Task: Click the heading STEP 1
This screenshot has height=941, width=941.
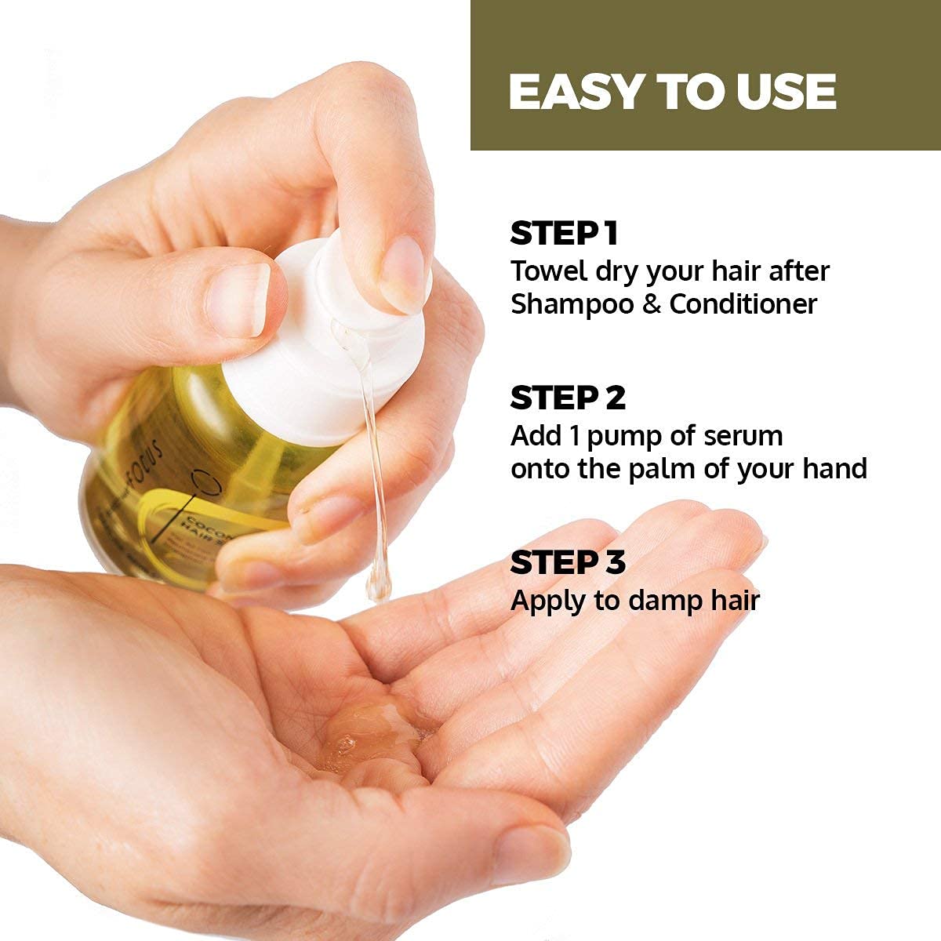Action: tap(564, 234)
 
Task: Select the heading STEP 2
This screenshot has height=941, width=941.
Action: tap(568, 398)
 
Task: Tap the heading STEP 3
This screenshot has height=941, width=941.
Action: tap(568, 563)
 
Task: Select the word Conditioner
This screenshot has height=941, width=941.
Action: tap(743, 304)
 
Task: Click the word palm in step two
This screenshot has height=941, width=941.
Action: tap(682, 469)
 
